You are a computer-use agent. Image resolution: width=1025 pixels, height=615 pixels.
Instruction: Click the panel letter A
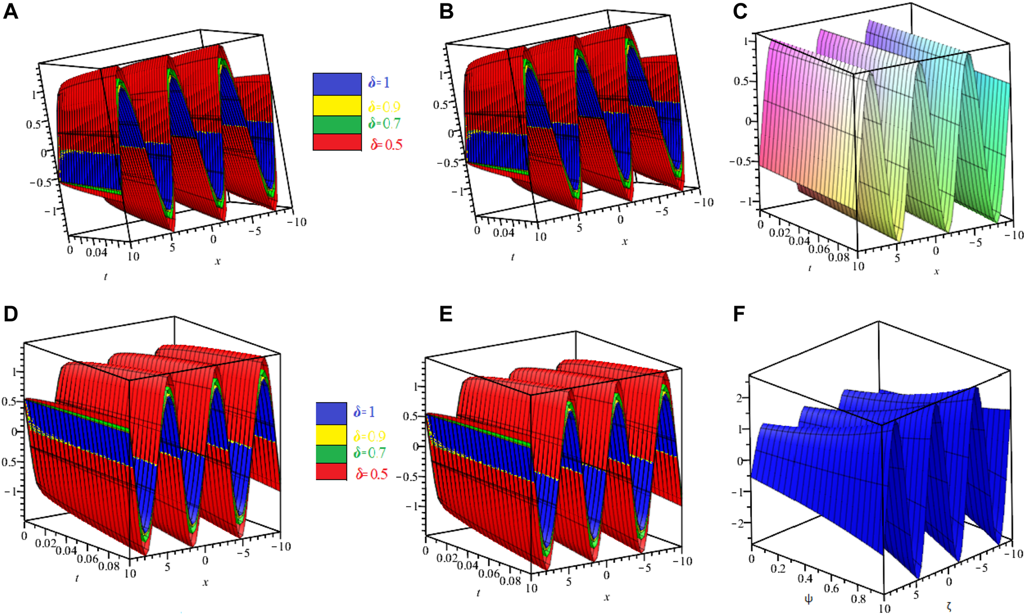(10, 11)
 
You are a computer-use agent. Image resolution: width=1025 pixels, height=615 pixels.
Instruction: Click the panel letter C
(740, 11)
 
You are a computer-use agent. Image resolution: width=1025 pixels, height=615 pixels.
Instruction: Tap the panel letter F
(739, 314)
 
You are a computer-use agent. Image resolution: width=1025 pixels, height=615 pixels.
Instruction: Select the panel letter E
(446, 314)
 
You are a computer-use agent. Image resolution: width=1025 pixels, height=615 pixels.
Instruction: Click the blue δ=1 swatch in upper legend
(337, 84)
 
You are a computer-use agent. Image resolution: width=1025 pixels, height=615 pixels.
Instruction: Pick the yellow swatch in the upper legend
(337, 105)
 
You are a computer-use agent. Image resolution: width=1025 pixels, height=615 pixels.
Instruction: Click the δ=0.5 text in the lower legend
(371, 474)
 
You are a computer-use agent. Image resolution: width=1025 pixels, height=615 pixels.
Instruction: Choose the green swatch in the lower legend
(331, 454)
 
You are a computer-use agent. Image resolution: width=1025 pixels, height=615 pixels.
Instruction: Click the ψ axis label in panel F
(808, 599)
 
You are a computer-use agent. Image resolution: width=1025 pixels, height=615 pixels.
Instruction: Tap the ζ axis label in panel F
(949, 606)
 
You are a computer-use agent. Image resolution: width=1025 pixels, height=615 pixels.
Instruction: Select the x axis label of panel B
(625, 242)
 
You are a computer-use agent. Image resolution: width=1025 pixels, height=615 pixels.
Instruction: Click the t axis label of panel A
(105, 277)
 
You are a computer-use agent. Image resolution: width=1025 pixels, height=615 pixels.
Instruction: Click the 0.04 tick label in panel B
(503, 233)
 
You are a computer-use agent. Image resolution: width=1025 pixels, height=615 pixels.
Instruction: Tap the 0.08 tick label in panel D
(108, 565)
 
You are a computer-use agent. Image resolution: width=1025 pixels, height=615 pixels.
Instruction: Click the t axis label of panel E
(478, 593)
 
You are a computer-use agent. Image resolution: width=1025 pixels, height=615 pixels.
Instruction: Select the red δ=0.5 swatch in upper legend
(337, 142)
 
